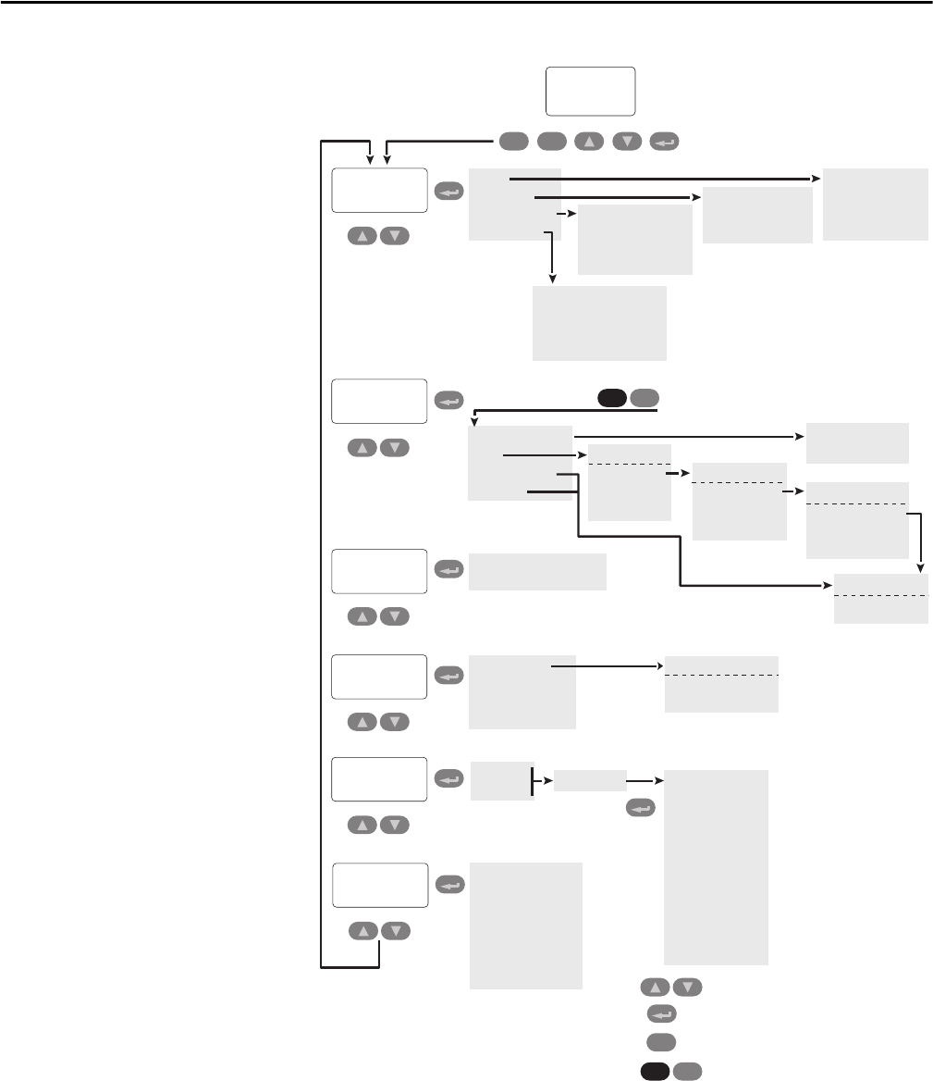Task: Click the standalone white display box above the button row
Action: coord(590,90)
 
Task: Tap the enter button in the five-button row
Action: coord(664,142)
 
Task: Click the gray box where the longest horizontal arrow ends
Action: coord(875,204)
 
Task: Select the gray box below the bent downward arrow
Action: coord(599,322)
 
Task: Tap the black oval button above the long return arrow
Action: coord(611,398)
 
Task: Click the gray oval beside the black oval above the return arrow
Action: coord(645,398)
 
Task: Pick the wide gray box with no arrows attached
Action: coord(537,571)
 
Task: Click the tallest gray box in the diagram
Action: coord(716,866)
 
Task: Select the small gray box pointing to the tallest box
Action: coord(590,781)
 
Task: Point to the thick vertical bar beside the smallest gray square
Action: coord(534,780)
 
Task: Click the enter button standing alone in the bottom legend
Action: coord(661,1013)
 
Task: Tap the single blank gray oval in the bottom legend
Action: coord(661,1041)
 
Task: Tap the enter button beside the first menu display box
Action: coord(448,192)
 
